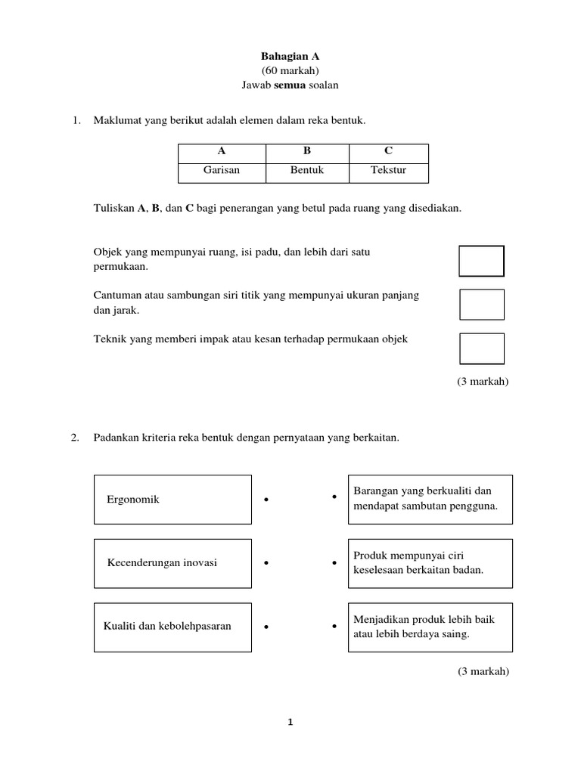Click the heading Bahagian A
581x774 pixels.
pos(290,56)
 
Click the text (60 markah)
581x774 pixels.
pos(290,70)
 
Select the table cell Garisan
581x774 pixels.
pos(222,171)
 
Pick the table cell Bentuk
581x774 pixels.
pos(307,171)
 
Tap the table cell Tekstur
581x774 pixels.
pos(388,171)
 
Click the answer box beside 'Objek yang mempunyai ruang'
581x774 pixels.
pos(481,261)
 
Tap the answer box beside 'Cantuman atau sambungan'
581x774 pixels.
pos(481,304)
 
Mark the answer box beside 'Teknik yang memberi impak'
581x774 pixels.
pos(481,348)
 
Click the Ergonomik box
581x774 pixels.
pos(172,500)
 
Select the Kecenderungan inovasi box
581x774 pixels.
pos(172,563)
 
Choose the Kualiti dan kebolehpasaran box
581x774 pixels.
pos(172,627)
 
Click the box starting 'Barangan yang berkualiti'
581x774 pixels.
pos(429,500)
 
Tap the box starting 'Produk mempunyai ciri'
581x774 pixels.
pos(429,563)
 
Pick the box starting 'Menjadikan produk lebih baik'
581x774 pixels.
pos(429,627)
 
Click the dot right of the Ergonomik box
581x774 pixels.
pos(266,500)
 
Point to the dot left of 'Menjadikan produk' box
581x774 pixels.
pos(334,627)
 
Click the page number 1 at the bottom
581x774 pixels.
pos(290,723)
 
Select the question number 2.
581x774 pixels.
pos(75,438)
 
